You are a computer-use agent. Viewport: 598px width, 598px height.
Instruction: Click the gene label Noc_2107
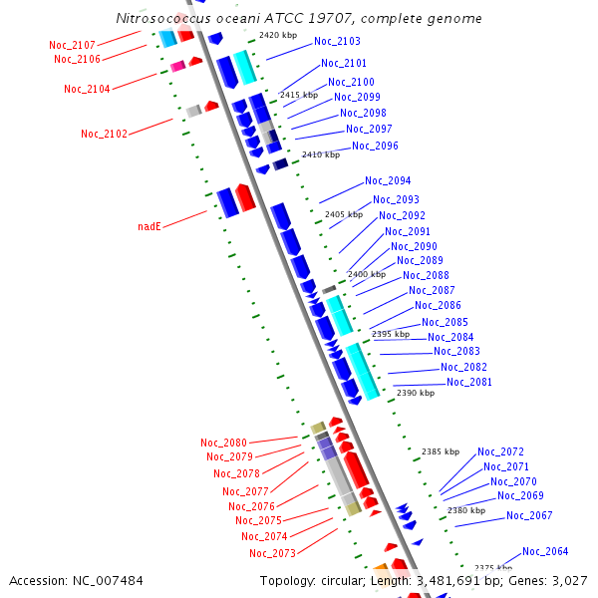[x=72, y=45]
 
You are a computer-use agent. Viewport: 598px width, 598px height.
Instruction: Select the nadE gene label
[x=149, y=227]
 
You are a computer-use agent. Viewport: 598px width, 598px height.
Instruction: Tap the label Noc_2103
[x=337, y=42]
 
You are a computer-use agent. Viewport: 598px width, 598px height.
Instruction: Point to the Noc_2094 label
[x=388, y=181]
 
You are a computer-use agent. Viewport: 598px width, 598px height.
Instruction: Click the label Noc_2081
[x=469, y=383]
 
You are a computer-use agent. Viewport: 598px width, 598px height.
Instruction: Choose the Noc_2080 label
[x=223, y=443]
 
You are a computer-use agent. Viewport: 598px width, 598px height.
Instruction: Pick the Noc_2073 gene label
[x=272, y=553]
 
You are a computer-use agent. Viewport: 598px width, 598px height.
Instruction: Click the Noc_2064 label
[x=545, y=552]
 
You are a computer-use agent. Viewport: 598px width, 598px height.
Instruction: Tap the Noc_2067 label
[x=529, y=516]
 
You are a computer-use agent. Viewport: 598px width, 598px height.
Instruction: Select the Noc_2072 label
[x=500, y=452]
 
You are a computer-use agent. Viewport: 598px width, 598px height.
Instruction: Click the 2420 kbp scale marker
[x=278, y=35]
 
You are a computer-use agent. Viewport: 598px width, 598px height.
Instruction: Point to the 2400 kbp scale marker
[x=367, y=274]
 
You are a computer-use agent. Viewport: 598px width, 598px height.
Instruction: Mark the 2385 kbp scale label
[x=441, y=451]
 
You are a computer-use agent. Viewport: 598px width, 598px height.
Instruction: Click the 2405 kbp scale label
[x=344, y=214]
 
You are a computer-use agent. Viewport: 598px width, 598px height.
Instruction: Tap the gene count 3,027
[x=567, y=580]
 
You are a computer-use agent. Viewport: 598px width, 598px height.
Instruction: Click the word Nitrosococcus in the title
[x=163, y=18]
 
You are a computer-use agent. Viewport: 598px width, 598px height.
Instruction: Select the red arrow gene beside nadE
[x=245, y=196]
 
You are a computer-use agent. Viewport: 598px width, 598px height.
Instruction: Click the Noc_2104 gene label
[x=87, y=89]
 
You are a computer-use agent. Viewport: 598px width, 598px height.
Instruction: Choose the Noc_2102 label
[x=104, y=134]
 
